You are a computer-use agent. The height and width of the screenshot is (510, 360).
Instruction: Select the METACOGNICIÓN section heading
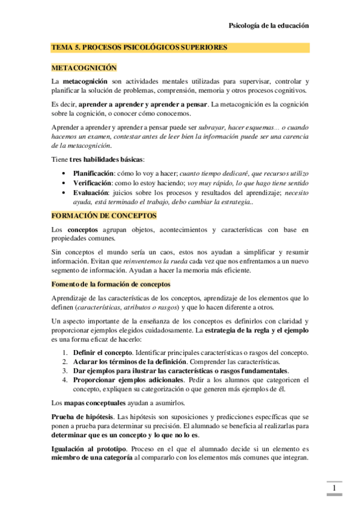(x=84, y=68)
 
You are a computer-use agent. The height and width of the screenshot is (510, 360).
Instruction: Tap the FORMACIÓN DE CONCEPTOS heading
(x=104, y=215)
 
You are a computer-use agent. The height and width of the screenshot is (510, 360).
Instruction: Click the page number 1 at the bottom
(x=334, y=488)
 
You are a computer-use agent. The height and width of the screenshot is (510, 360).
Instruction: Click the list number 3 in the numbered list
(x=64, y=371)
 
